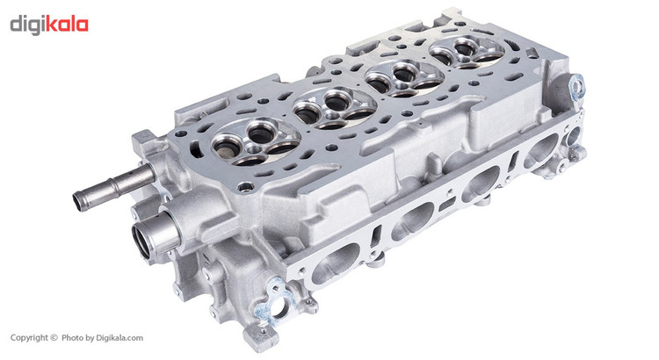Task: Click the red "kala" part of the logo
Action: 66,25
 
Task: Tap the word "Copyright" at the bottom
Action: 29,337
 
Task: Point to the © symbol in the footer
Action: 54,337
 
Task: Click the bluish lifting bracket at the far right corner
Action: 576,86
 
